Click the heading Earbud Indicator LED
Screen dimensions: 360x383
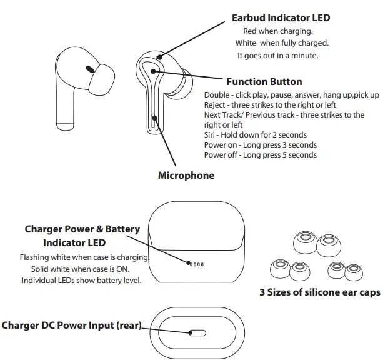tap(281, 18)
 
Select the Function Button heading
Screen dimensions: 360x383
tap(264, 82)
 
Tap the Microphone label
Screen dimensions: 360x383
tap(186, 175)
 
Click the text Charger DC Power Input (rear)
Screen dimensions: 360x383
tap(72, 325)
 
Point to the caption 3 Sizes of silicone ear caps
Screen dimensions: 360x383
tap(319, 292)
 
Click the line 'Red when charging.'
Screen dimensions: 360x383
tap(277, 31)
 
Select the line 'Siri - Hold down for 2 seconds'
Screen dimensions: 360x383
tap(255, 135)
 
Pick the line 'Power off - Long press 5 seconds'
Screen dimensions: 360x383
tap(260, 155)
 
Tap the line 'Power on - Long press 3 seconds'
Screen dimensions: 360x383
tap(260, 145)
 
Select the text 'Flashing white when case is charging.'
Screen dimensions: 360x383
tap(84, 257)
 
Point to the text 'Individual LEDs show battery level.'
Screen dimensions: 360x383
tap(82, 280)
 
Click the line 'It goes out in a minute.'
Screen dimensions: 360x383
tap(278, 56)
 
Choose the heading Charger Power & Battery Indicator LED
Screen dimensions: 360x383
tap(82, 236)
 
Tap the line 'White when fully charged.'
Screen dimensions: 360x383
tap(281, 43)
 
